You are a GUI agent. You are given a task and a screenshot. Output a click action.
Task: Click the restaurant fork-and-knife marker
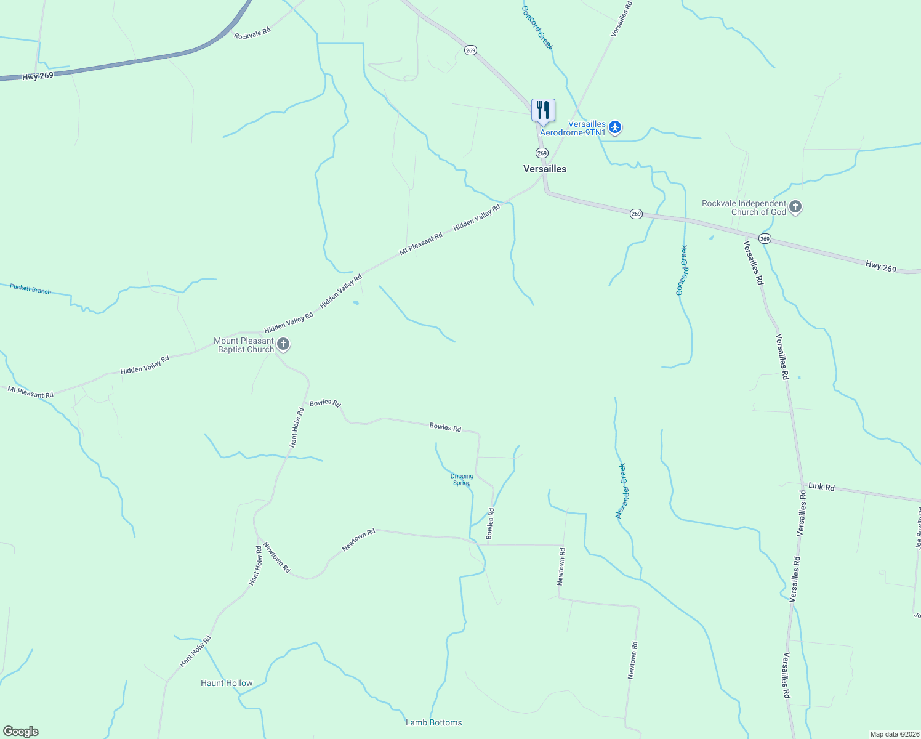tap(543, 111)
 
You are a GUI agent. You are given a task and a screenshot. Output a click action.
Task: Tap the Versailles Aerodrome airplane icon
tap(614, 127)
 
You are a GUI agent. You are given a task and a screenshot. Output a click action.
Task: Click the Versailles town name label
tap(544, 169)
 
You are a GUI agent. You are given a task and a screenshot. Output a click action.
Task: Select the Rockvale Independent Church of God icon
tap(795, 207)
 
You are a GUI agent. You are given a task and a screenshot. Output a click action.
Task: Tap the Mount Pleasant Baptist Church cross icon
tap(283, 344)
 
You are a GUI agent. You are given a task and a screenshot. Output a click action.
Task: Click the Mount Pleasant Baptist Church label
tap(245, 345)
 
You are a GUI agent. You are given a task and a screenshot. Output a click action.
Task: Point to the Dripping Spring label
tap(462, 479)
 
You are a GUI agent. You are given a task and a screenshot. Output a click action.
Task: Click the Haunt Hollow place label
tap(227, 683)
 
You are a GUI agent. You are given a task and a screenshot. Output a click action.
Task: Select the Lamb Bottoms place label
tap(433, 722)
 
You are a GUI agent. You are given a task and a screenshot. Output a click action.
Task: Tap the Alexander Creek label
tap(622, 491)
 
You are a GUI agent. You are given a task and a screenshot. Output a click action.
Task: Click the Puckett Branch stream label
tap(30, 289)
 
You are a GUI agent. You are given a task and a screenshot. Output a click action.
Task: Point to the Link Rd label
tap(821, 487)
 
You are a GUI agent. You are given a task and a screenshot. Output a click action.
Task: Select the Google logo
tap(20, 732)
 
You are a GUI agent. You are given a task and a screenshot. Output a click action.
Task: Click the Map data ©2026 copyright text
tap(894, 734)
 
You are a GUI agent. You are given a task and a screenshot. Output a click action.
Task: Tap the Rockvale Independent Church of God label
tap(744, 208)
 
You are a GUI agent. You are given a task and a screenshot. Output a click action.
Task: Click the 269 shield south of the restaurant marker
tap(542, 153)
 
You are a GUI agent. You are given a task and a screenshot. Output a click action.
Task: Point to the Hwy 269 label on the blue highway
tap(38, 76)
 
